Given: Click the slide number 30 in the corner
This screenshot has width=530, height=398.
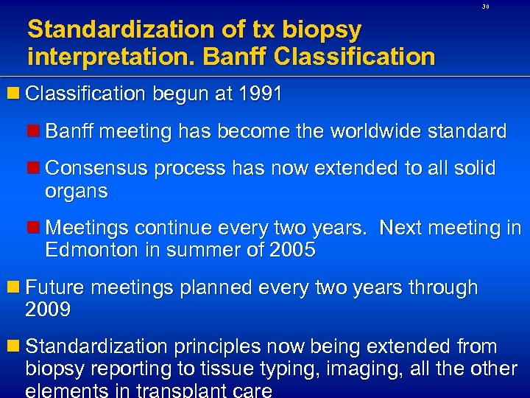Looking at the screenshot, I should pyautogui.click(x=485, y=7).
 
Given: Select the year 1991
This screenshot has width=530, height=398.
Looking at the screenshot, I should pyautogui.click(x=258, y=94).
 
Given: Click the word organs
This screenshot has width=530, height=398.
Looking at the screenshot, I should pyautogui.click(x=77, y=192).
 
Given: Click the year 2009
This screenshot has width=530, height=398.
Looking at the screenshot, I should pyautogui.click(x=48, y=310).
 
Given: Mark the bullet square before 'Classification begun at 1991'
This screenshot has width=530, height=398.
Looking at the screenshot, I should pyautogui.click(x=14, y=94).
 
